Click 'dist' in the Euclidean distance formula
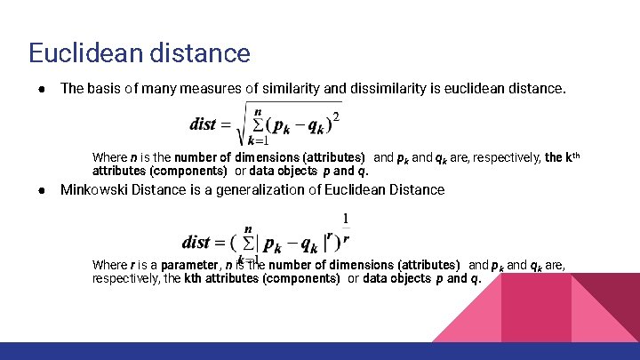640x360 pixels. click(204, 124)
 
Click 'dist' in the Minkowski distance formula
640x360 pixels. click(208, 242)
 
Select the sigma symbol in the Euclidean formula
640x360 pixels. click(257, 124)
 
